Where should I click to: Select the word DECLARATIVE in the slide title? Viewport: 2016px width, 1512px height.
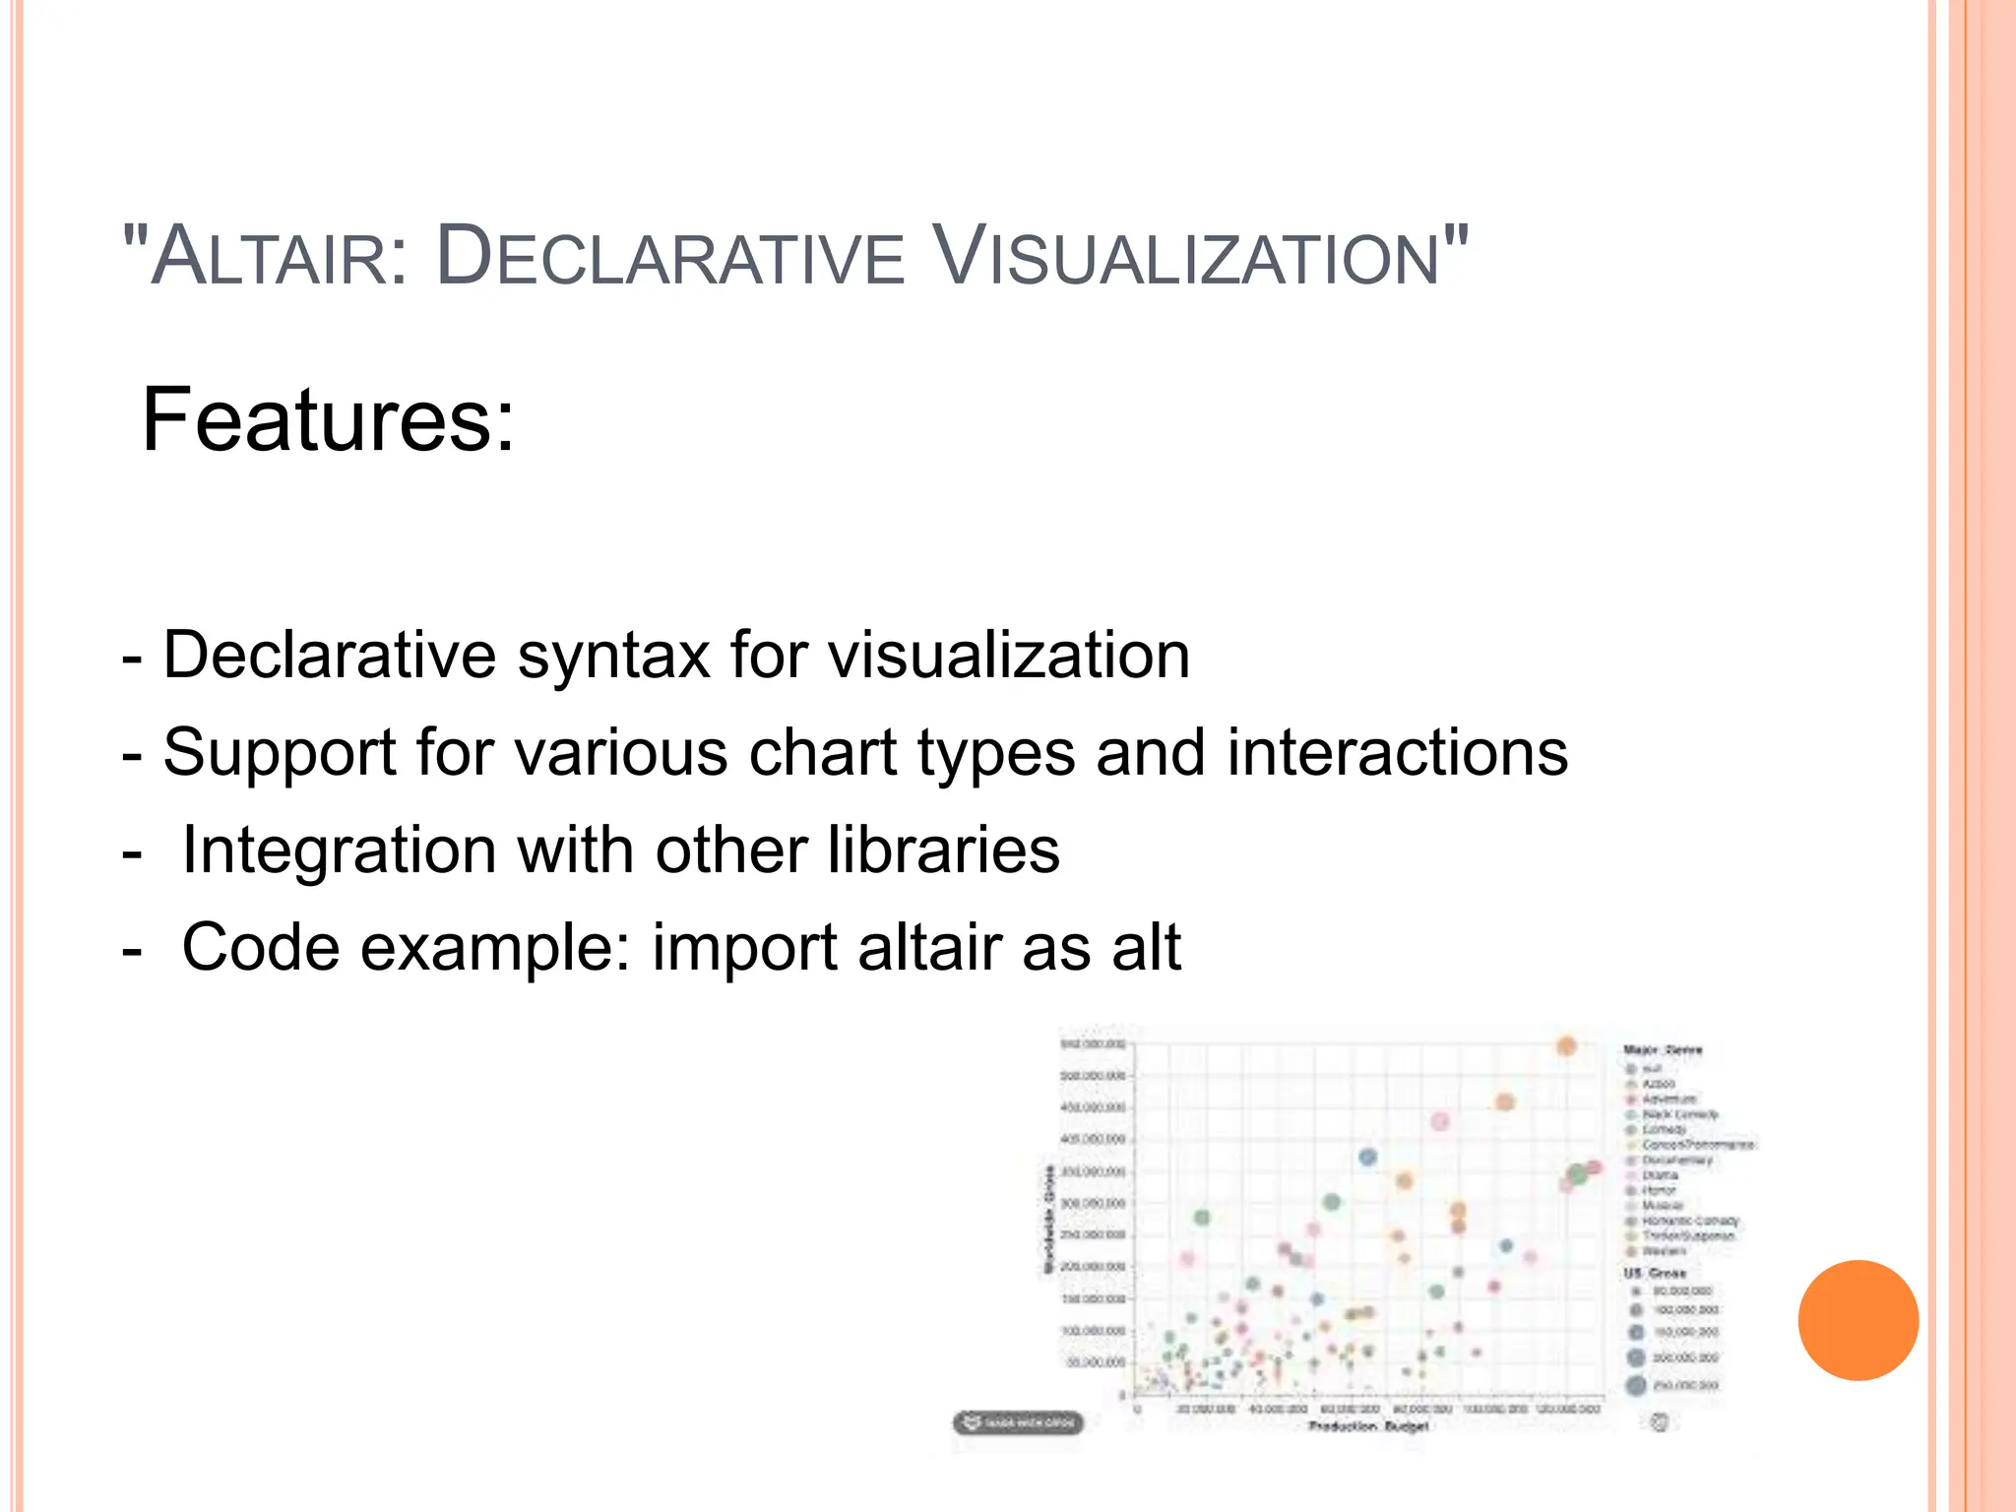tap(669, 258)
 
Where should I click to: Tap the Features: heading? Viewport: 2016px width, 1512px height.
tap(328, 420)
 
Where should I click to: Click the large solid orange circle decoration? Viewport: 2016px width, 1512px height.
tap(1858, 1320)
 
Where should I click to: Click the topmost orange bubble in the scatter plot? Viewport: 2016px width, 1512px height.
tap(1566, 1045)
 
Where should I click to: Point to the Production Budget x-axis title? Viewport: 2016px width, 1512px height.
tap(1367, 1426)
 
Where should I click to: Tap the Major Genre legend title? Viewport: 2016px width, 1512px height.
tap(1662, 1050)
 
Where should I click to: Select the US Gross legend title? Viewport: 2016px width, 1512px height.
tap(1654, 1273)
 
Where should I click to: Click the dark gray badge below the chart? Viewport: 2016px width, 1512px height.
tap(1018, 1423)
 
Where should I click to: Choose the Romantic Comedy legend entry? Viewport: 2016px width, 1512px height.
tap(1689, 1221)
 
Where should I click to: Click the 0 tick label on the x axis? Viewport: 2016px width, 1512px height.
tap(1137, 1410)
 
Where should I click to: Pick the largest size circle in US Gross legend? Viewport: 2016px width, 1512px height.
tap(1636, 1386)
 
